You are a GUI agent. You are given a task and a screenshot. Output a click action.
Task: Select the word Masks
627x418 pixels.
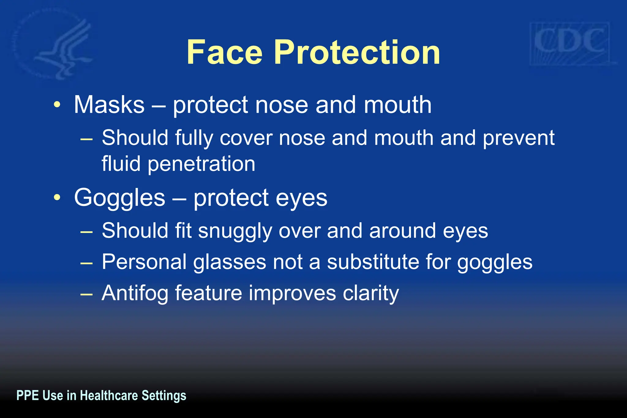pyautogui.click(x=109, y=105)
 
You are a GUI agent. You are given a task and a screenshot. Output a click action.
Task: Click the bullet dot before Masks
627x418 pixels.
pyautogui.click(x=57, y=105)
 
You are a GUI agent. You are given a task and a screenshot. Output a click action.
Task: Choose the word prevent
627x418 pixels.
pyautogui.click(x=519, y=138)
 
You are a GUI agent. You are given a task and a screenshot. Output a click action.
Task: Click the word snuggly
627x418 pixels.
pyautogui.click(x=235, y=231)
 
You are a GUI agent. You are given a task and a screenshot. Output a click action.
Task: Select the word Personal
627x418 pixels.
pyautogui.click(x=144, y=262)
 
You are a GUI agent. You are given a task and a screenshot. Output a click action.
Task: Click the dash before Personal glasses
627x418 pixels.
pyautogui.click(x=86, y=263)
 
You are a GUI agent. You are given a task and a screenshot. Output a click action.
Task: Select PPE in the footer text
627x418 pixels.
pyautogui.click(x=27, y=396)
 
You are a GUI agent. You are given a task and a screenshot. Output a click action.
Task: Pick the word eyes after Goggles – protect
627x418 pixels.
pyautogui.click(x=301, y=198)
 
